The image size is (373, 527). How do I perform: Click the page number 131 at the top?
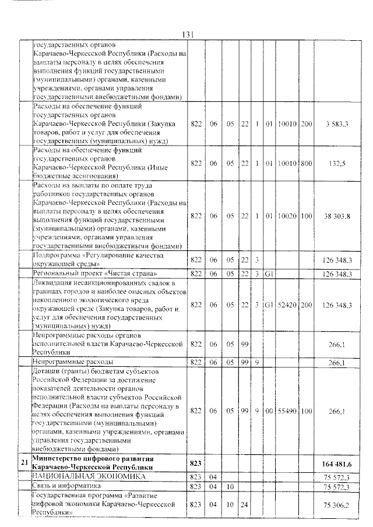187,34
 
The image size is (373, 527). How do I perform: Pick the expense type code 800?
306,164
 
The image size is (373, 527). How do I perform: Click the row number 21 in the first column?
24,462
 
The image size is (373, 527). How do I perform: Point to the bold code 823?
196,463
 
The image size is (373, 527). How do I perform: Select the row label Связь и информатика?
68,485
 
